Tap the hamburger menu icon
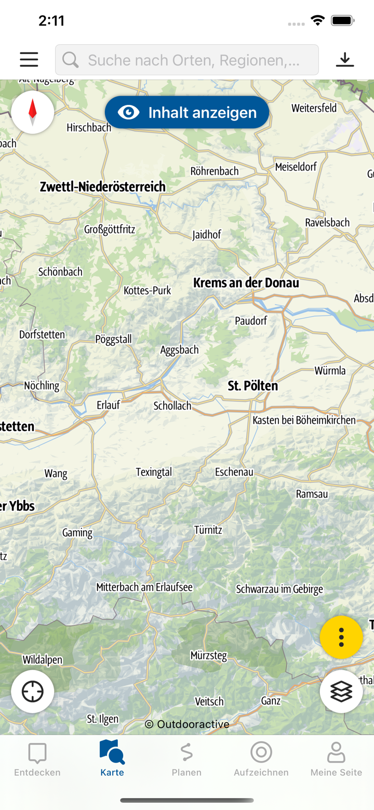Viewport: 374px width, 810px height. [29, 60]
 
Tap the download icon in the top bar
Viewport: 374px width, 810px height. [344, 60]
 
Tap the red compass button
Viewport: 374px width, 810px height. [33, 112]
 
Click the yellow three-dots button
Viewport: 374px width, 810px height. [341, 637]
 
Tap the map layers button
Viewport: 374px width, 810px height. [341, 691]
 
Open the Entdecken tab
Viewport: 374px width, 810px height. [37, 760]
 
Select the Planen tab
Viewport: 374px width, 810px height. [186, 760]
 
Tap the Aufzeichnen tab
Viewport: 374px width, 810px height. [261, 760]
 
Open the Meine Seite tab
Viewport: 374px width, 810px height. [336, 760]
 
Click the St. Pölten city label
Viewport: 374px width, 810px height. [253, 386]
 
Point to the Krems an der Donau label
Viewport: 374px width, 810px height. [246, 283]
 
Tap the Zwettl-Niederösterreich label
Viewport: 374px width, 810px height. [103, 187]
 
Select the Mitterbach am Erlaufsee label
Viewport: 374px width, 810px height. [144, 587]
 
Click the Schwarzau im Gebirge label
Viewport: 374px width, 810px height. [279, 589]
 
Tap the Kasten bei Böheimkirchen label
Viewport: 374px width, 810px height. [304, 420]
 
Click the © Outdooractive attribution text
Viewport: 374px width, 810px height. [187, 724]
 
